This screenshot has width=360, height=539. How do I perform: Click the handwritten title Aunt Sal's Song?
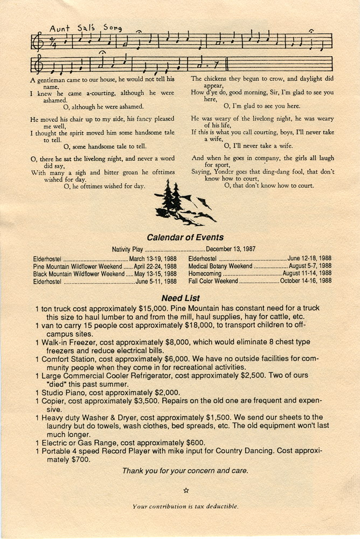pos(85,27)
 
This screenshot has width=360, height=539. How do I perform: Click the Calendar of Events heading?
pos(185,237)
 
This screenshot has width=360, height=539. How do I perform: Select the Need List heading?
pos(180,298)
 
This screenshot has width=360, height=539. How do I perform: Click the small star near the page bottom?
pos(186,490)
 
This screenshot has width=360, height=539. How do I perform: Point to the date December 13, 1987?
pos(231,249)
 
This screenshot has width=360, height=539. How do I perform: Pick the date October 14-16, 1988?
pos(306,281)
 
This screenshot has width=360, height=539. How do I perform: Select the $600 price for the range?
pos(195,443)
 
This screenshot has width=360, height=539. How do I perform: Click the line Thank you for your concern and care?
pos(185,471)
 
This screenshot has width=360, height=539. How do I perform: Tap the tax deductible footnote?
pos(185,506)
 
